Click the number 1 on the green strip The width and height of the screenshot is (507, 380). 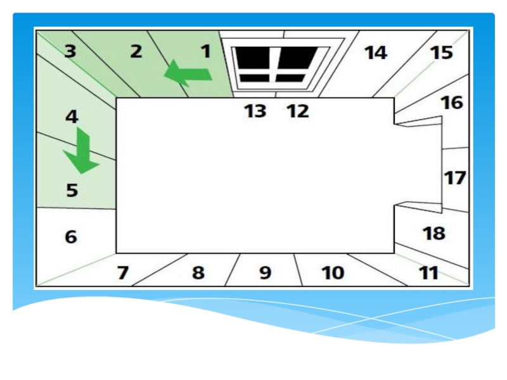(206, 52)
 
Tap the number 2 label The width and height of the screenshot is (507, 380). (136, 52)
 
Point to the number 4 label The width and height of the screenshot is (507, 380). (72, 117)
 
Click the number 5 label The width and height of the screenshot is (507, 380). (72, 189)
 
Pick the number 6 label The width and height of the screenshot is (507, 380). (71, 237)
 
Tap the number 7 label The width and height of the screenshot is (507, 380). (123, 273)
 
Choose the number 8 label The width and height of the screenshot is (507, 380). (198, 273)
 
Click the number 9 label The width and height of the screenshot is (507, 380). (265, 273)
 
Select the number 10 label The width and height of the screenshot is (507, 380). (333, 273)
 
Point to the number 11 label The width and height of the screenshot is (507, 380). (429, 273)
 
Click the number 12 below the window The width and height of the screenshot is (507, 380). (297, 111)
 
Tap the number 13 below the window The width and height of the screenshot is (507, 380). (255, 111)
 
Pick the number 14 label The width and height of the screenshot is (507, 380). (375, 53)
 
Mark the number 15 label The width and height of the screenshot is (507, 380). (442, 53)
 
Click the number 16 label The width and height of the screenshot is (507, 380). (452, 103)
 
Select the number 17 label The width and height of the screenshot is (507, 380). (454, 178)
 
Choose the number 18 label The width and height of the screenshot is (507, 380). (434, 234)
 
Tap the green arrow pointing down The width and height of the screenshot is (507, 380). (82, 151)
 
